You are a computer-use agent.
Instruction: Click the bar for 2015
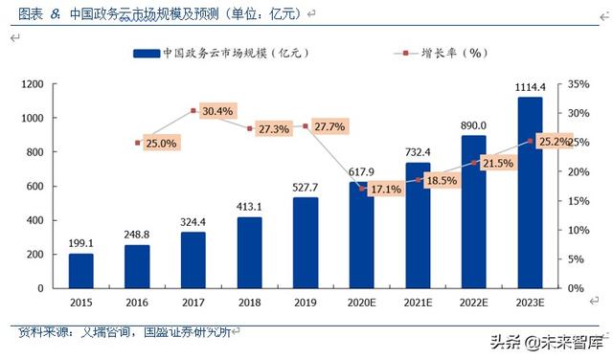81,270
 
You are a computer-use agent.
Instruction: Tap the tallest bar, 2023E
530,192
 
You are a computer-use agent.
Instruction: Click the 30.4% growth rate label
217,111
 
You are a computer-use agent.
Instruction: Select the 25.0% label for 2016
160,144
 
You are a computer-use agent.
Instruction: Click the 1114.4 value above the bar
530,86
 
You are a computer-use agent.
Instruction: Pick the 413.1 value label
249,206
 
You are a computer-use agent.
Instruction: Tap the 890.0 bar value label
473,125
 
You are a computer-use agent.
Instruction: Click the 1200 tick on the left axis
33,84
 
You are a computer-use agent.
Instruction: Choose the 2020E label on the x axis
361,303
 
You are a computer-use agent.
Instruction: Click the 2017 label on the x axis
193,303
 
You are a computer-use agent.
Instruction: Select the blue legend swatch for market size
144,54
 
